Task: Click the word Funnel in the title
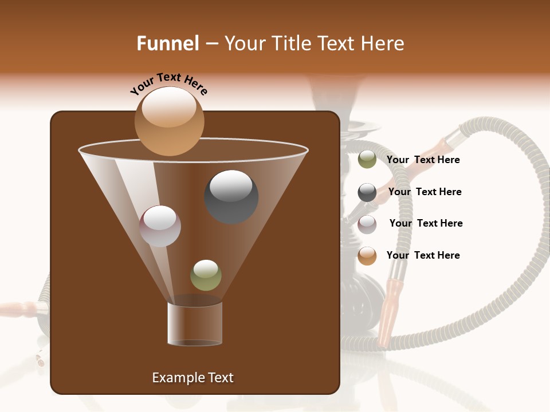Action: click(x=168, y=43)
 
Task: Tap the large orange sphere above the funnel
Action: click(x=169, y=121)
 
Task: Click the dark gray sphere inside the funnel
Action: click(x=231, y=196)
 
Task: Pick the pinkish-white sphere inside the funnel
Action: click(x=160, y=226)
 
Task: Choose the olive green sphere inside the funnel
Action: click(x=206, y=275)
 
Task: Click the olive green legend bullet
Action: click(x=367, y=160)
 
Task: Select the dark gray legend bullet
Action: click(x=367, y=192)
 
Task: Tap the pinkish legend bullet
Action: click(x=367, y=224)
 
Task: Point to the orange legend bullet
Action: click(x=367, y=256)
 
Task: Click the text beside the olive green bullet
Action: click(x=423, y=160)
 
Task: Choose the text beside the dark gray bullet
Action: click(x=425, y=192)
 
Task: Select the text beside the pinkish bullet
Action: click(x=426, y=223)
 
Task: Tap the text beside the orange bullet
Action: click(x=423, y=255)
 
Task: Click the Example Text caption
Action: click(x=192, y=378)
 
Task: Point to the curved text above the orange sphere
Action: click(x=168, y=84)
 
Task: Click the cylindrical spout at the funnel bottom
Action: click(x=195, y=323)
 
